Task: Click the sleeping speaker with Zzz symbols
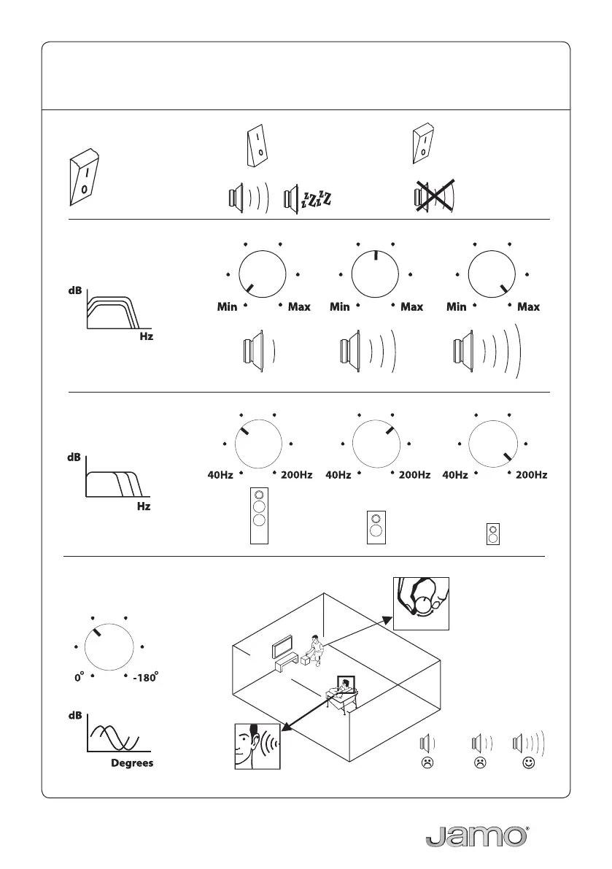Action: (x=309, y=197)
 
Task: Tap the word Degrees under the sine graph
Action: (x=132, y=764)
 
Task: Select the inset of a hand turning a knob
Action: (x=421, y=603)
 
